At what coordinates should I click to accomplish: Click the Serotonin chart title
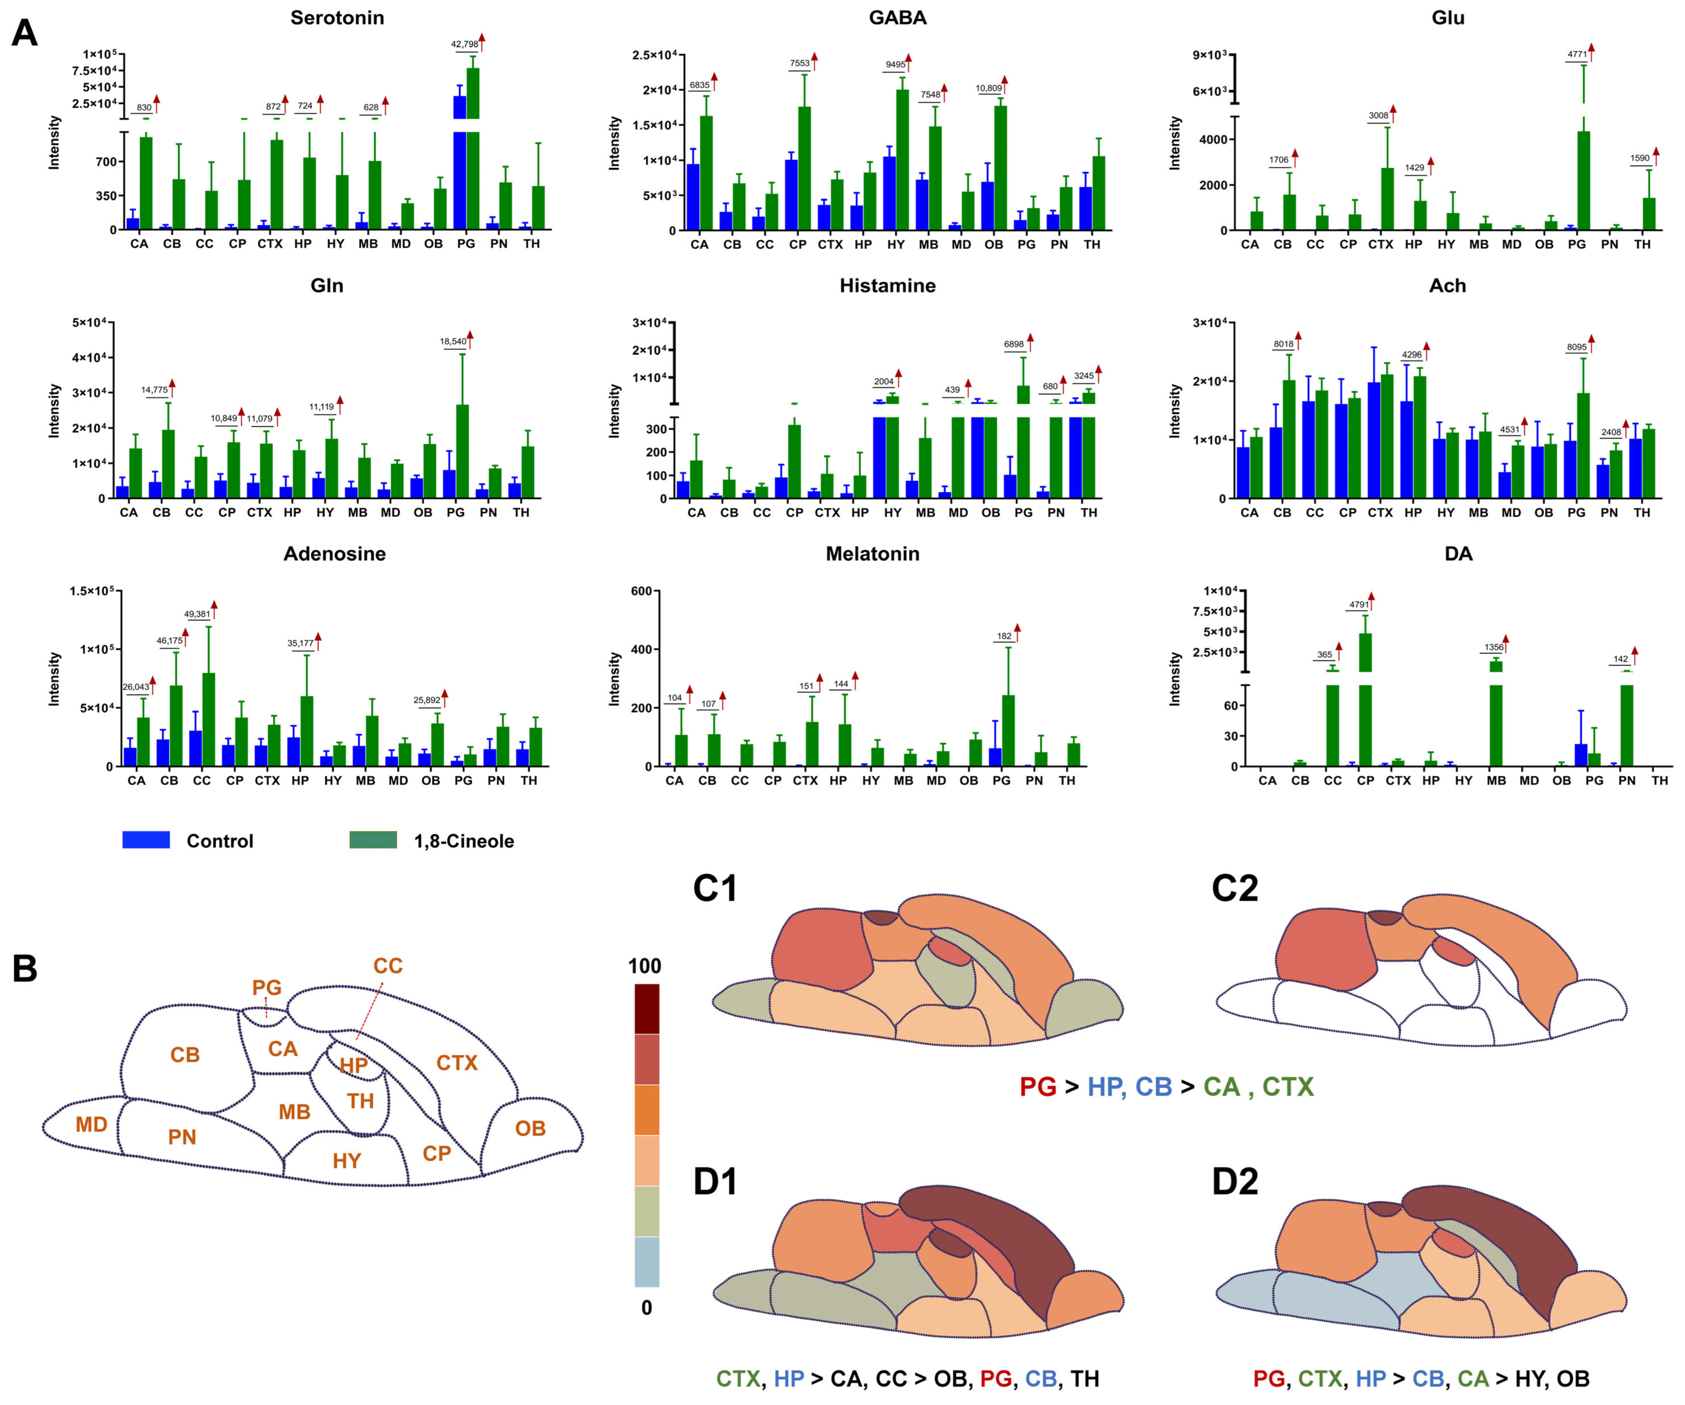click(x=337, y=18)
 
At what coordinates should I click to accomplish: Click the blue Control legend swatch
click(x=146, y=840)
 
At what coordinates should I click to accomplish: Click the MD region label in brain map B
click(x=91, y=1124)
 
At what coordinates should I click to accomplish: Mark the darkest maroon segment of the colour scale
click(x=647, y=1009)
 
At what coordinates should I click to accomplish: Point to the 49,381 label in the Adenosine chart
click(x=197, y=614)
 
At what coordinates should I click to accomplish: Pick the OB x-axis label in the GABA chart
click(x=994, y=244)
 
